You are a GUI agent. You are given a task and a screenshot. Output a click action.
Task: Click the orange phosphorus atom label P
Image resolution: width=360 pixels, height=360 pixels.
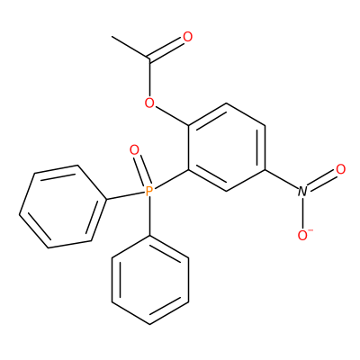(x=149, y=191)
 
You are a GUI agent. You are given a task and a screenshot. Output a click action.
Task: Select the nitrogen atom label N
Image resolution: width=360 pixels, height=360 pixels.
(x=302, y=192)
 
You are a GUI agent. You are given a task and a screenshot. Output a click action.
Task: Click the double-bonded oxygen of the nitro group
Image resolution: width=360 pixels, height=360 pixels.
(x=341, y=169)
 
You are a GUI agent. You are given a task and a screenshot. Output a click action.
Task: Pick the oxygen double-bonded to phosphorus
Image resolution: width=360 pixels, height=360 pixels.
(x=134, y=149)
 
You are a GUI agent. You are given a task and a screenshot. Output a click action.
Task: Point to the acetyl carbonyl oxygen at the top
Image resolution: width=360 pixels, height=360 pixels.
(x=187, y=37)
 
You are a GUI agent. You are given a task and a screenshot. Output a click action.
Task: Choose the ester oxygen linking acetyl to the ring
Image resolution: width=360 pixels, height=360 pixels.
(x=149, y=103)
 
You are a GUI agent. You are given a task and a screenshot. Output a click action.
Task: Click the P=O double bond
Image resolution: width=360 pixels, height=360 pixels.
(x=141, y=170)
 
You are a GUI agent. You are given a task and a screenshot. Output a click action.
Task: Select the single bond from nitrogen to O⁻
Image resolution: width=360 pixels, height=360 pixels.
(x=303, y=213)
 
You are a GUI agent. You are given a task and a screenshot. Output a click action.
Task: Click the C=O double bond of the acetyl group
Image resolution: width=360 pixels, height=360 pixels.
(x=166, y=49)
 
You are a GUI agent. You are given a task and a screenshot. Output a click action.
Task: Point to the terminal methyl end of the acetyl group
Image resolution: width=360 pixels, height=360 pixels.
(x=112, y=37)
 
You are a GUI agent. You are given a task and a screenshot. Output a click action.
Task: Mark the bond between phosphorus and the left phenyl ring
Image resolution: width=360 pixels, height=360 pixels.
(x=126, y=195)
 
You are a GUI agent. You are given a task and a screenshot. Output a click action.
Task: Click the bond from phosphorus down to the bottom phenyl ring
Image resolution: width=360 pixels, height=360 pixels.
(x=149, y=216)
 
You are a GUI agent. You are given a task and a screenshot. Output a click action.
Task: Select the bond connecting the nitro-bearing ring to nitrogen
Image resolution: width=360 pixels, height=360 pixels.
(x=282, y=179)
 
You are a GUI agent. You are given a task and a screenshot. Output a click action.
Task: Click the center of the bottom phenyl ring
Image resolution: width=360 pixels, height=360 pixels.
(x=150, y=280)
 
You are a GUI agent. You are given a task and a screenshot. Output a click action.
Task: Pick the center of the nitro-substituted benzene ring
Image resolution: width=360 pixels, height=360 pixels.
(x=227, y=148)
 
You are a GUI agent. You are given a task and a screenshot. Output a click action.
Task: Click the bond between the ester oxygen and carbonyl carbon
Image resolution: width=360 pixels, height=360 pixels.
(x=149, y=78)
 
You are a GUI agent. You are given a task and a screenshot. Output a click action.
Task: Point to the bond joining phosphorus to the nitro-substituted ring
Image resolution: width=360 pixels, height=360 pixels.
(x=171, y=179)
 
